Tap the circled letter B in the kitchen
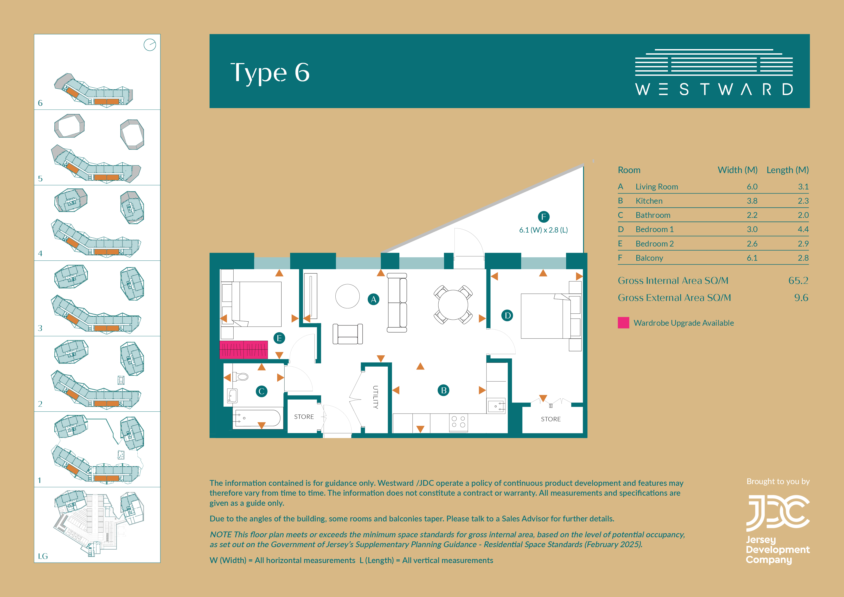pos(444,390)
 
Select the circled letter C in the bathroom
pos(261,391)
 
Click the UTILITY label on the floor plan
pos(375,397)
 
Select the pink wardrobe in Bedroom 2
pos(244,350)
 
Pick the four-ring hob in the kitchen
pos(458,422)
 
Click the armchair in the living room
pos(348,334)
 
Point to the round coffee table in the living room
pos(347,296)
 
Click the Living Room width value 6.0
pos(752,187)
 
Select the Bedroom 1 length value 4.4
pos(803,229)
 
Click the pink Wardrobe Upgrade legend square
pos(623,323)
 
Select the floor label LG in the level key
pos(43,556)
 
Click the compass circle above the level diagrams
pos(150,45)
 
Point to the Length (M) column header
pos(787,170)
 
